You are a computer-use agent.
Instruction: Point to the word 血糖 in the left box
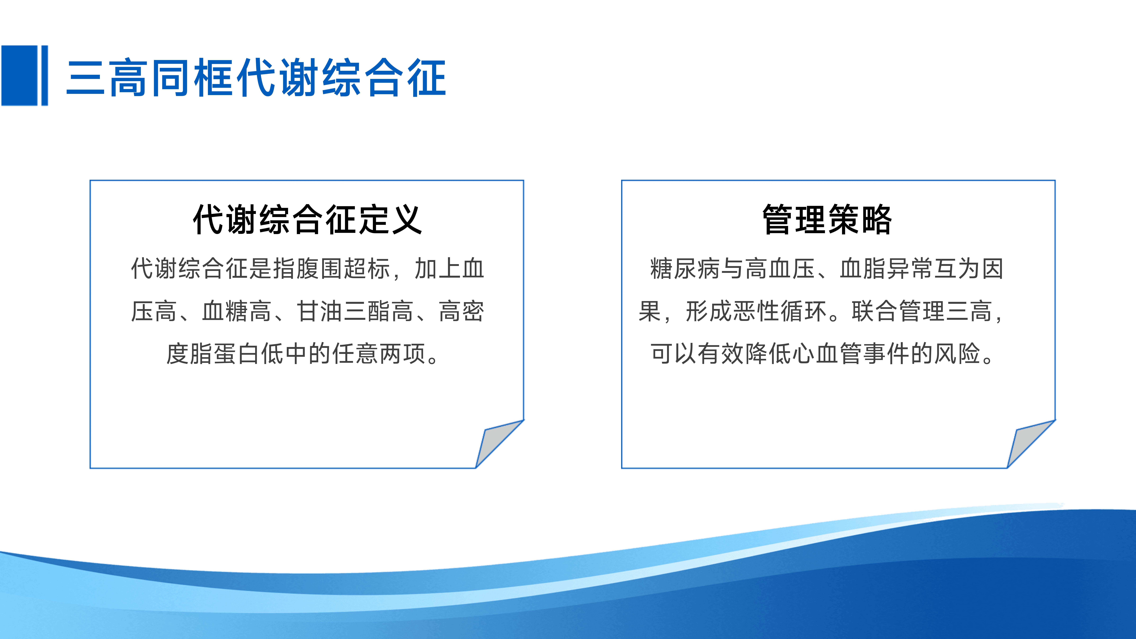[225, 311]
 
